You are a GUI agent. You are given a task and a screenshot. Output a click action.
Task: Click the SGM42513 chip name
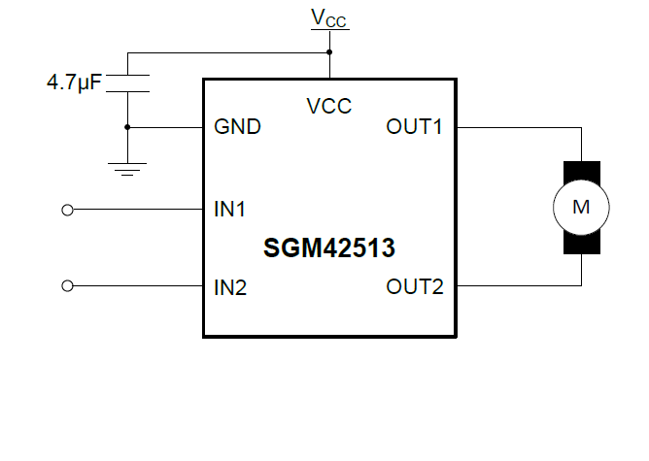[x=329, y=248]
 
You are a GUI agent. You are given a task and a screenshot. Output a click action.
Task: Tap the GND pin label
[x=237, y=127]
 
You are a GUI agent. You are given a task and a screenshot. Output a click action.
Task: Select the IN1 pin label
[x=229, y=209]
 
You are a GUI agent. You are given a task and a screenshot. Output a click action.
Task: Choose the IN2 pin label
[x=229, y=286]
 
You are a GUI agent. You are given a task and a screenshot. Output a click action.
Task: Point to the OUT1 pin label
[x=415, y=127]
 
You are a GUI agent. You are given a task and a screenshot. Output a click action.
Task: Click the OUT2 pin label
[x=415, y=286]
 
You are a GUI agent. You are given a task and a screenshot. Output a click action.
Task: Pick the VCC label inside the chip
[x=329, y=107]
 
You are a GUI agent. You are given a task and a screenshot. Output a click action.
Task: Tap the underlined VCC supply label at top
[x=329, y=18]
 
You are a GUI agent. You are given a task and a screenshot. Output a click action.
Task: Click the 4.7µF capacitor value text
[x=74, y=83]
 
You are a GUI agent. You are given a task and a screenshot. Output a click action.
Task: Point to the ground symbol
[x=127, y=168]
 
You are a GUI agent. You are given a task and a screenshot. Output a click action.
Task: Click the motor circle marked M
[x=581, y=207]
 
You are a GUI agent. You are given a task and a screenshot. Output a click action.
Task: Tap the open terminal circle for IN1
[x=68, y=209]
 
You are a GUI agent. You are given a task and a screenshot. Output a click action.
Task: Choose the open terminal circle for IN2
[x=68, y=286]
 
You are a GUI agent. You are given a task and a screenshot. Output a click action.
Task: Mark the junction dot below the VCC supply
[x=329, y=51]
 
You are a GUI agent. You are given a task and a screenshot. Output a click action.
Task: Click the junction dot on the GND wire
[x=127, y=127]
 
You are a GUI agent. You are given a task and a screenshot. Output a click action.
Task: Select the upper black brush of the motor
[x=581, y=171]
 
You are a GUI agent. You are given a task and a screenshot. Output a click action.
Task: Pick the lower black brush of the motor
[x=581, y=243]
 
